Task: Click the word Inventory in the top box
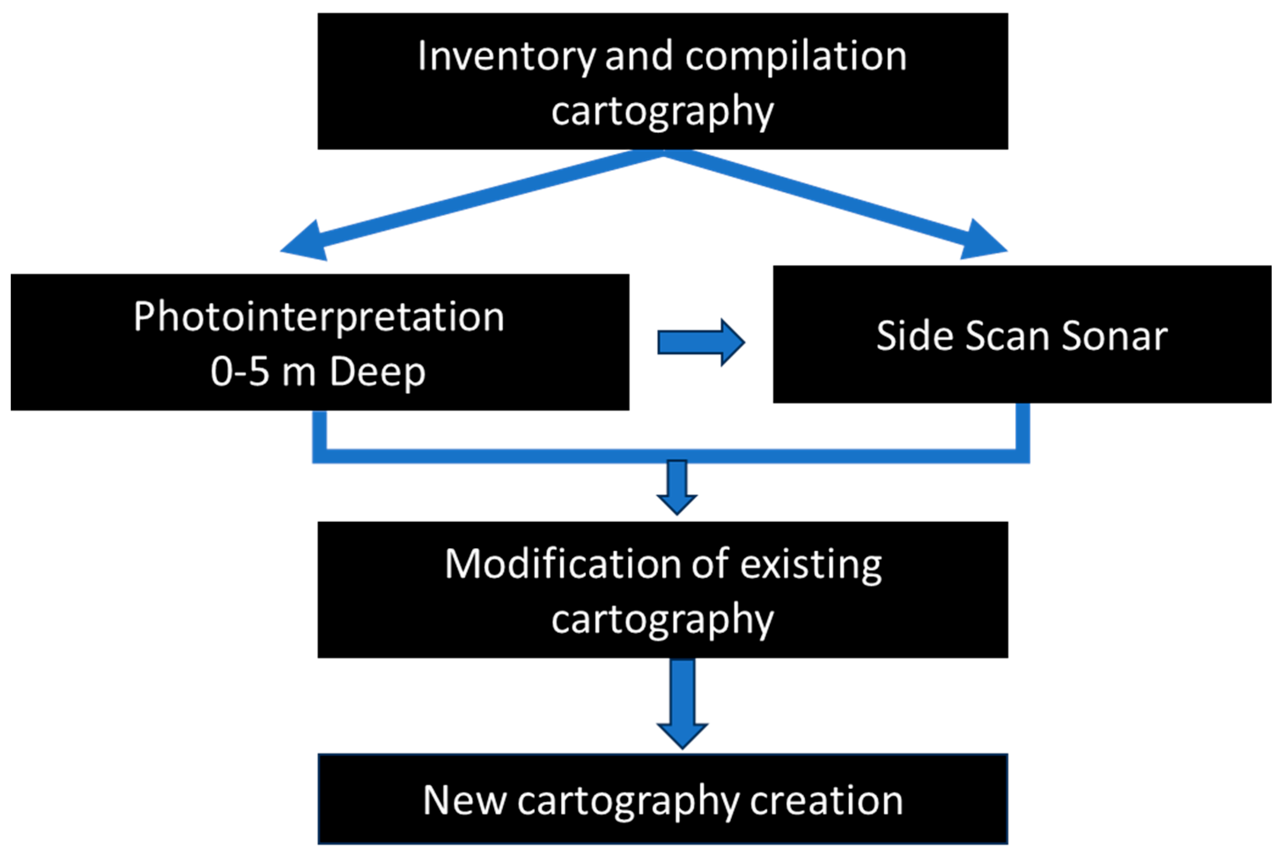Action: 507,57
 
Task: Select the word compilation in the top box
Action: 795,56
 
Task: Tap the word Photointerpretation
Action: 319,317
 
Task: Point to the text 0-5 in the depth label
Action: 240,372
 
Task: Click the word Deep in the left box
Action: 377,373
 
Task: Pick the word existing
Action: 811,564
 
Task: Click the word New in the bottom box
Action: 464,800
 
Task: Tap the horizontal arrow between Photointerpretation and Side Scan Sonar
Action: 701,343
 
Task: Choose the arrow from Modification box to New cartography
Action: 682,704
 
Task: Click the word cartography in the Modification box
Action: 662,619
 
